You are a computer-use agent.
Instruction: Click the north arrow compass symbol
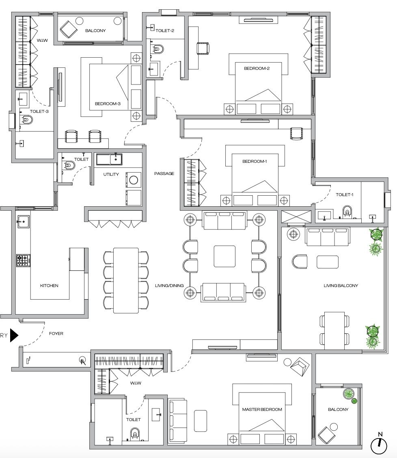379,445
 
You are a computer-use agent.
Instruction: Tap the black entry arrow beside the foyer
14,335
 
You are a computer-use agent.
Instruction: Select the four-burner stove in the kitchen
22,260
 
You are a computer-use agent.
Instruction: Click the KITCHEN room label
49,285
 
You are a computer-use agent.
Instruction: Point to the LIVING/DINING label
169,285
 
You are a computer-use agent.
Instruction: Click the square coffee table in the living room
224,256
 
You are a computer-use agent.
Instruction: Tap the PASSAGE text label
164,173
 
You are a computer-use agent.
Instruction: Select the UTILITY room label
111,175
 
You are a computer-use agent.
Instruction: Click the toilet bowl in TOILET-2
158,49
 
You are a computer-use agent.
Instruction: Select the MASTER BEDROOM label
262,409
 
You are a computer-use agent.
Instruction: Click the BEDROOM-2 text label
257,68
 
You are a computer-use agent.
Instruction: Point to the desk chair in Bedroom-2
203,48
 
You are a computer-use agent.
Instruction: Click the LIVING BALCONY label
341,285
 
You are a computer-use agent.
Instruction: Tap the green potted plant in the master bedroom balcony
348,393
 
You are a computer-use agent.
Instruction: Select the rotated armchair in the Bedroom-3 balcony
68,29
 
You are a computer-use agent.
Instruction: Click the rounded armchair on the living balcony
300,261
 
